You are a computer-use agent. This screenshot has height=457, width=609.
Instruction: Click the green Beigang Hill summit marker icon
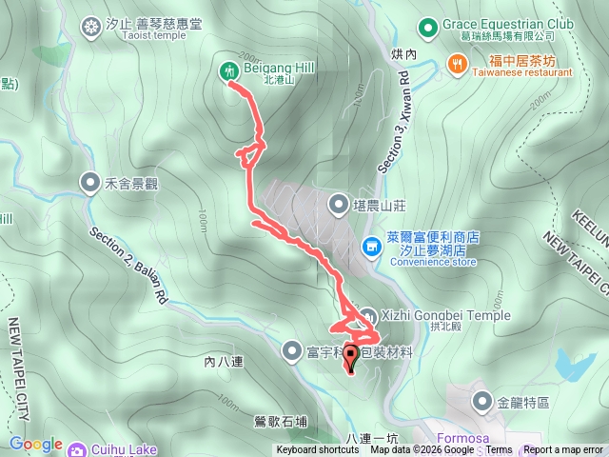click(x=228, y=70)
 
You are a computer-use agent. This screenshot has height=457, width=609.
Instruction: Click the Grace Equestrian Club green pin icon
click(x=426, y=25)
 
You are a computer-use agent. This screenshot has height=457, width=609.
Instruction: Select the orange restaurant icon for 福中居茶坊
click(x=458, y=64)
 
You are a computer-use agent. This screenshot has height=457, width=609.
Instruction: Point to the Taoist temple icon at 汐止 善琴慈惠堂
click(x=91, y=25)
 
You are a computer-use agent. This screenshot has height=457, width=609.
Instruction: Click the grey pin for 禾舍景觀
click(x=90, y=180)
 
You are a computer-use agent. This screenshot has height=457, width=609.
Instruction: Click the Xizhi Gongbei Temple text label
click(x=448, y=315)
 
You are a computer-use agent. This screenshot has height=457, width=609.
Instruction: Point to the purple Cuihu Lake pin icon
click(x=76, y=447)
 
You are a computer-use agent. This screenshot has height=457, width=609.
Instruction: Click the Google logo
click(x=36, y=445)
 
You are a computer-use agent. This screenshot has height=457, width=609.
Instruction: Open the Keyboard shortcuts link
click(x=318, y=450)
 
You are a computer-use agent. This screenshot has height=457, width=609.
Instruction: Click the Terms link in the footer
click(x=500, y=450)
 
